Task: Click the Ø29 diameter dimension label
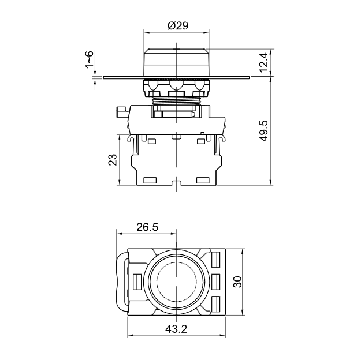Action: tap(178, 25)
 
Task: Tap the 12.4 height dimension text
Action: tap(263, 62)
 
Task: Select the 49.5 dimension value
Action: tap(263, 130)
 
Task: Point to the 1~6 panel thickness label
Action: tap(89, 59)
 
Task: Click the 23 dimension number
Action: tap(113, 160)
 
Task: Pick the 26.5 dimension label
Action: tap(147, 227)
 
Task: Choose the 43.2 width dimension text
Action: tap(176, 329)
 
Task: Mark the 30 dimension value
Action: tap(237, 282)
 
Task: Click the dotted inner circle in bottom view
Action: tap(176, 282)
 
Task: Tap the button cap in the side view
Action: tap(176, 62)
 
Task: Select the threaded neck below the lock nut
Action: tap(176, 100)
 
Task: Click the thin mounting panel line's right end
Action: tap(250, 77)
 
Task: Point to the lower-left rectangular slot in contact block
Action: tap(150, 180)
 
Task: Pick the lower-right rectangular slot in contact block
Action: tap(203, 180)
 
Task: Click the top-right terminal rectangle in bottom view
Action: tap(215, 260)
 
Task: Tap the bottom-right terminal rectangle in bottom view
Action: tap(215, 304)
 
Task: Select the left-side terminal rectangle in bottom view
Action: tap(137, 282)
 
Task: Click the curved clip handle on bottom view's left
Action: tap(122, 282)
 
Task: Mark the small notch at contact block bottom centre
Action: tap(176, 182)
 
